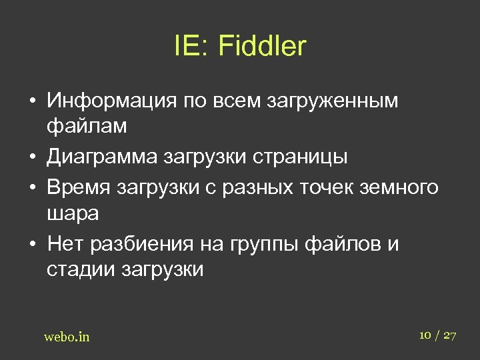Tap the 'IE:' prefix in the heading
click(x=192, y=47)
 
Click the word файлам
click(x=86, y=125)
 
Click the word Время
click(x=79, y=187)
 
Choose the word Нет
click(x=67, y=245)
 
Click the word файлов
click(x=340, y=245)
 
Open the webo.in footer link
click(x=67, y=337)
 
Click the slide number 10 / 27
click(x=438, y=335)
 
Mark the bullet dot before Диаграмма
click(x=33, y=158)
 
